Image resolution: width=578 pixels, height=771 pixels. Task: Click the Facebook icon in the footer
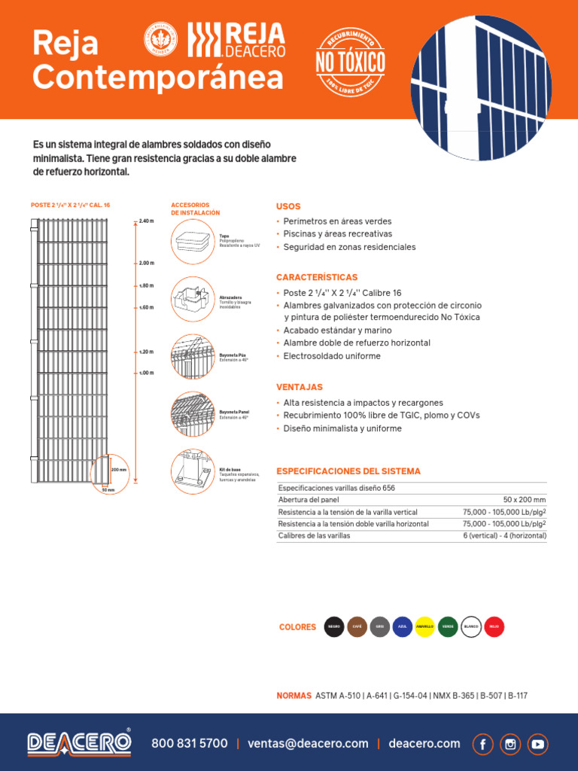482,744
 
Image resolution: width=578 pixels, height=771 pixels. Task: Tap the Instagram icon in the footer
510,744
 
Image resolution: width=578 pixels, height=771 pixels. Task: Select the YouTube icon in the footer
538,744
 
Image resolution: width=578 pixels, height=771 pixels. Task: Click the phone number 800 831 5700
190,744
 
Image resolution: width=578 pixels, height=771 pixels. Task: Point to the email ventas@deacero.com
308,744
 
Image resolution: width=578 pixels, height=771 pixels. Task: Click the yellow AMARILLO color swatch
425,626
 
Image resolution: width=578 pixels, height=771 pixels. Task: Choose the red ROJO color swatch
494,626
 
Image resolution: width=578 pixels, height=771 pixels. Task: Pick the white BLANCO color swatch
471,626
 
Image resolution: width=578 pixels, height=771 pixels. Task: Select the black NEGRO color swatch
333,626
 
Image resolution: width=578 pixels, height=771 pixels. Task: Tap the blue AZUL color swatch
403,626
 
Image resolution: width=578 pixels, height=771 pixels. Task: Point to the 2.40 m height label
146,221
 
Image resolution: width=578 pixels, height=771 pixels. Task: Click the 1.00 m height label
146,373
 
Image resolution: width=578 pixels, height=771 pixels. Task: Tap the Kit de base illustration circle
193,474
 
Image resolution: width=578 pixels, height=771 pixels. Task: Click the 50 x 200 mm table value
525,499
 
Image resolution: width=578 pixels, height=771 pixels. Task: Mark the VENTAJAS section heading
300,387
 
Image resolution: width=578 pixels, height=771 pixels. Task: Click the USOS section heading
288,206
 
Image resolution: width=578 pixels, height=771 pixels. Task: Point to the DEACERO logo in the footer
79,742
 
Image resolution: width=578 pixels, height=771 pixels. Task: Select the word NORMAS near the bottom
294,696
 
